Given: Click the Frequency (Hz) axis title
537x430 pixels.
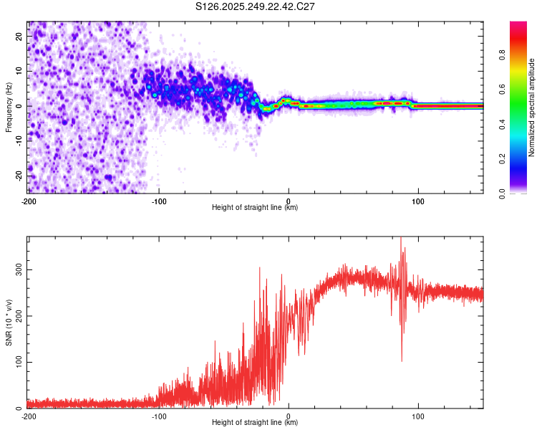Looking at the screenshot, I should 9,107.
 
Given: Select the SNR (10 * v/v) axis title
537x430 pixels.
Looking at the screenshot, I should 9,322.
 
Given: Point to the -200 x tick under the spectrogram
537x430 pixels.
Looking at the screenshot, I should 29,201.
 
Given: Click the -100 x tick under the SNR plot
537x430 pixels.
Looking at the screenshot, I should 158,416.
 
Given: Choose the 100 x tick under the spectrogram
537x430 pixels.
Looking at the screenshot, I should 418,201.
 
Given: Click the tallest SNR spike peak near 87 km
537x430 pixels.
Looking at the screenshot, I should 401,238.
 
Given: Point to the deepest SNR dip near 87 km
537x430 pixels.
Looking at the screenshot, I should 402,361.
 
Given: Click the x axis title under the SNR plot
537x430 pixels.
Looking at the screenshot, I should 256,423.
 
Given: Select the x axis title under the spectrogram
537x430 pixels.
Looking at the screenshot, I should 256,208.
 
